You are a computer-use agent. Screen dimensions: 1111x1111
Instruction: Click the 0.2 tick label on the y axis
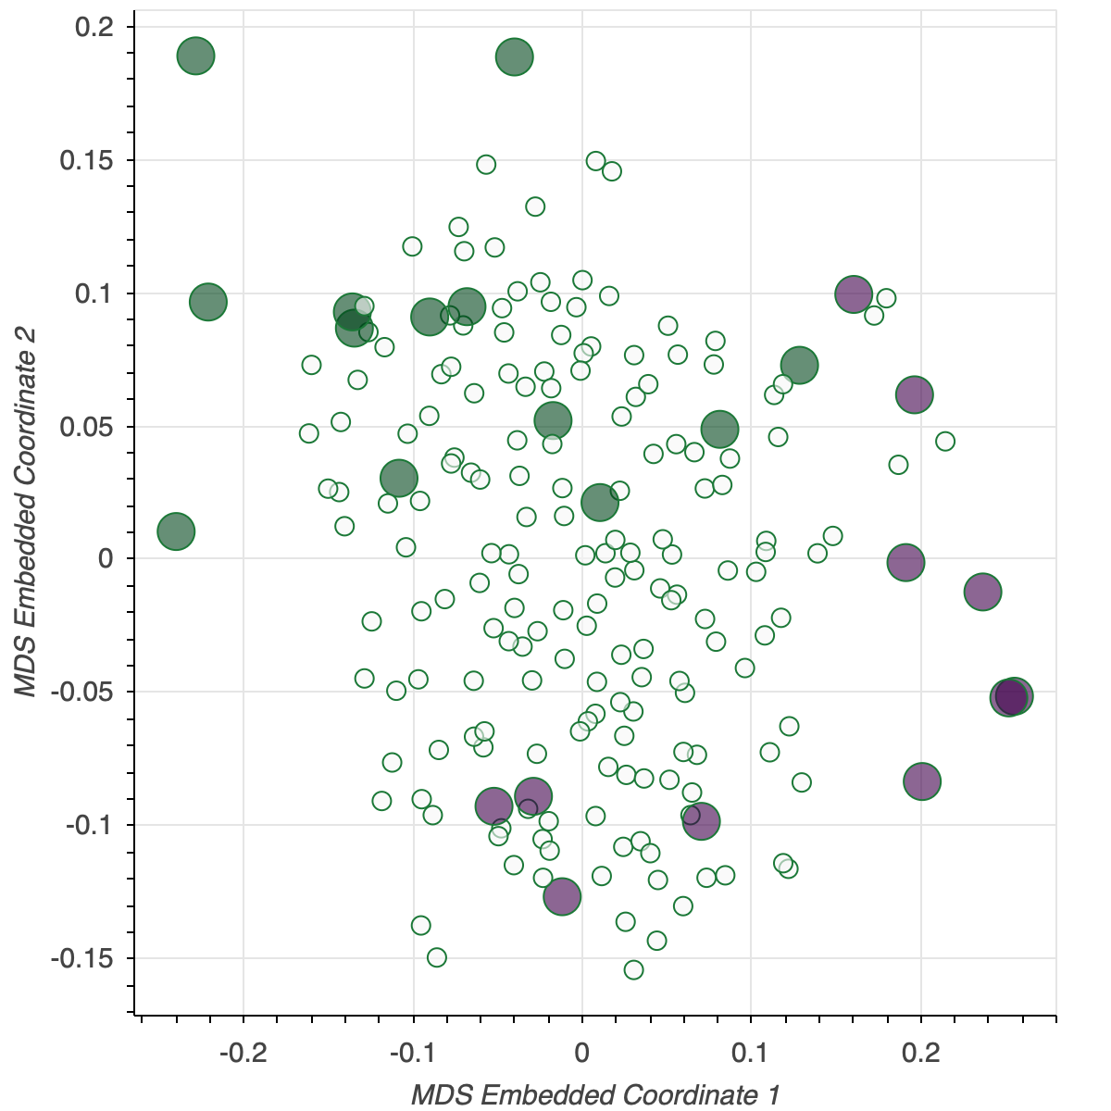94,28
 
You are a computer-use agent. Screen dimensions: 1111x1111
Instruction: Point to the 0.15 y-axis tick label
85,161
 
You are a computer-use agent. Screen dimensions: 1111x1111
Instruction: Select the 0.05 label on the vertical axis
85,427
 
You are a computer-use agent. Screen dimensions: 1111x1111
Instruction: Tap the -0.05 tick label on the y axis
81,692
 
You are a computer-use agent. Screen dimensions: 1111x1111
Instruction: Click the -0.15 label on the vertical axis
81,958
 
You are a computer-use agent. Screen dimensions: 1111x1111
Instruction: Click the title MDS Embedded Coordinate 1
595,1095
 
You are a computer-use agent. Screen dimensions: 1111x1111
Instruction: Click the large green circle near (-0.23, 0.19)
195,56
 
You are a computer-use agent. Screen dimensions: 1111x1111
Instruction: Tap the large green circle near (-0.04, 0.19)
515,56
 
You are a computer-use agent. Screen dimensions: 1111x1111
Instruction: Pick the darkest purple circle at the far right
1010,696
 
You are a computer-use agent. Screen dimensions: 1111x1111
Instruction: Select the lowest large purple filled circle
562,896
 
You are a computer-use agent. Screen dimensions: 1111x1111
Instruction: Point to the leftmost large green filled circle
176,531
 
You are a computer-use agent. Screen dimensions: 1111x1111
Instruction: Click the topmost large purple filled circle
854,294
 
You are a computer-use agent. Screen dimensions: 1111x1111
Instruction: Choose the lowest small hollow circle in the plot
633,969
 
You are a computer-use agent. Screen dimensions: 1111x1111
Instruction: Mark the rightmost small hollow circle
944,441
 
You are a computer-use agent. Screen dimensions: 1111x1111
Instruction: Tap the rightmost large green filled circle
799,365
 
